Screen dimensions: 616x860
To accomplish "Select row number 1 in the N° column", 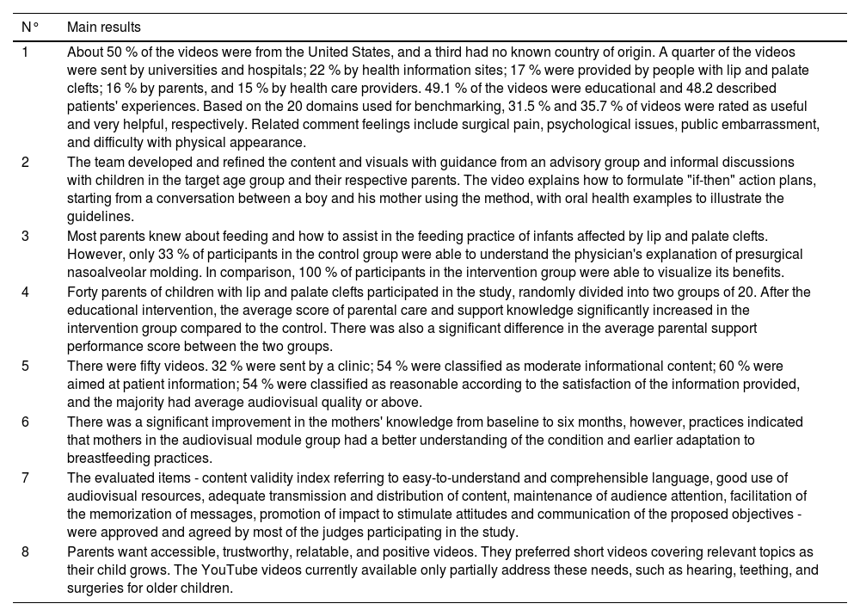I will click(25, 52).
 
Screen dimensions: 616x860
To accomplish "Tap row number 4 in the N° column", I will click(26, 293).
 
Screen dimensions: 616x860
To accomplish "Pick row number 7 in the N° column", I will click(26, 477).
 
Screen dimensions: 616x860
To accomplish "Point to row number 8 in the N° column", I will click(26, 551).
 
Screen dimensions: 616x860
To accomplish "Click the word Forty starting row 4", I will click(83, 293).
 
